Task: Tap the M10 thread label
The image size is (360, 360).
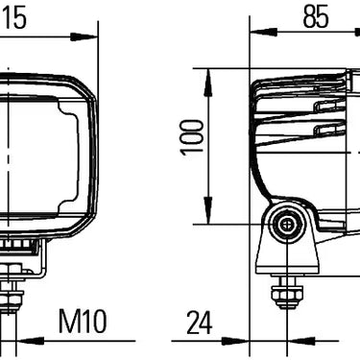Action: coord(83,321)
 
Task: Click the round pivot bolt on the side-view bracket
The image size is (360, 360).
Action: coord(285,228)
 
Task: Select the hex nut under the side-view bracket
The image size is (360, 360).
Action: coord(284,292)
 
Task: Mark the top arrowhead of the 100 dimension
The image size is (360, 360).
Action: coord(207,76)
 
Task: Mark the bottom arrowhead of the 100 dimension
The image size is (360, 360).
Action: coord(207,216)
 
